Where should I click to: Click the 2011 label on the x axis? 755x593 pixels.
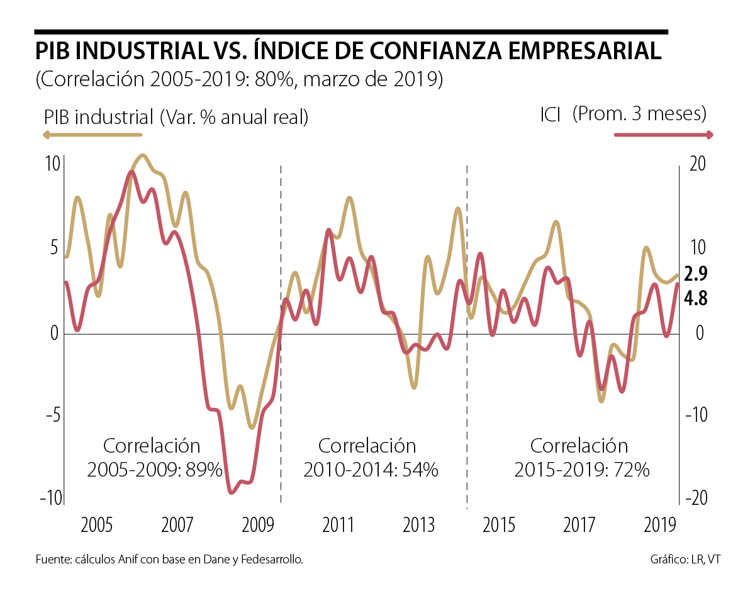(338, 525)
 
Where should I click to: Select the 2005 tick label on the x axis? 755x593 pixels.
(97, 525)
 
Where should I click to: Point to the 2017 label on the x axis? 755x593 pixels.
(579, 525)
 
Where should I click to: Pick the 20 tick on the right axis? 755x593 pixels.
(696, 163)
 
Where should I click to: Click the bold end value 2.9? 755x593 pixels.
(696, 274)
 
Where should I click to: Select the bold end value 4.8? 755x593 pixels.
(696, 298)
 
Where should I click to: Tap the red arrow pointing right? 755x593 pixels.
(663, 135)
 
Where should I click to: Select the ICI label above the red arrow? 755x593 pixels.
(550, 115)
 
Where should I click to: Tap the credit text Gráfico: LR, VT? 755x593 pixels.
(685, 560)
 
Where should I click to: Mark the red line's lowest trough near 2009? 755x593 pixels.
(232, 492)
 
